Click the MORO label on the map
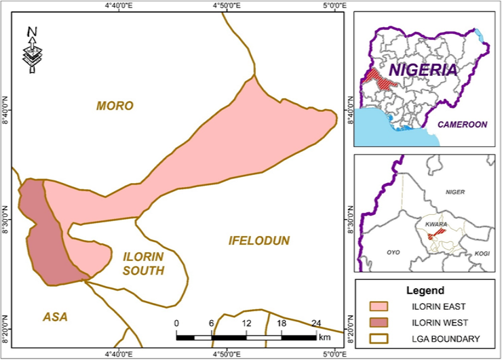coord(115,106)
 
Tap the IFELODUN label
coord(258,241)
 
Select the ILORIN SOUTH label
coord(143,264)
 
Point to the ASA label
coord(55,317)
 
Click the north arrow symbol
coord(32,49)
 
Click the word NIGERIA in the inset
coord(423,70)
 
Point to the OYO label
coord(395,252)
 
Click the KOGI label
coord(482,253)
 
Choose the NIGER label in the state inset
coord(455,193)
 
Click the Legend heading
coord(425,290)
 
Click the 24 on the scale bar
coord(315,323)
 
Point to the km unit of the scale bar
coord(324,337)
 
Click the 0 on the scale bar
coord(176,323)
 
